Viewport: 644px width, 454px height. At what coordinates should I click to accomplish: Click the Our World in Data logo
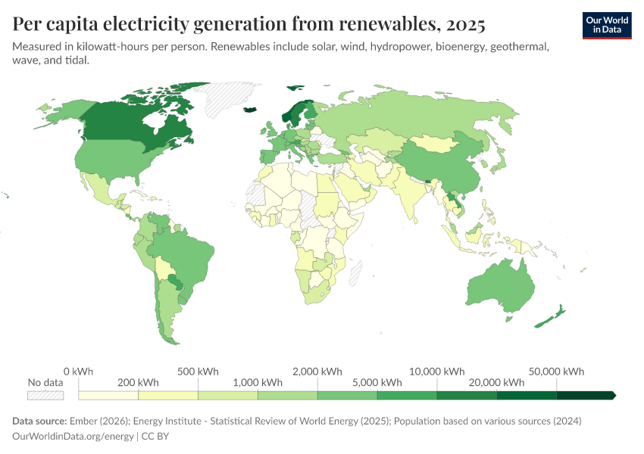pyautogui.click(x=606, y=25)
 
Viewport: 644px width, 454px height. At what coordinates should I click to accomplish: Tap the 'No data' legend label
pyautogui.click(x=45, y=382)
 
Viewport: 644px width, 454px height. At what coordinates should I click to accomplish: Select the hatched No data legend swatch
pyautogui.click(x=45, y=395)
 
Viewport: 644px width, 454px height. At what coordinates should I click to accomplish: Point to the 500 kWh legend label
pyautogui.click(x=198, y=372)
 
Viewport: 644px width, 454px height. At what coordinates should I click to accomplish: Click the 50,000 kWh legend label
pyautogui.click(x=557, y=372)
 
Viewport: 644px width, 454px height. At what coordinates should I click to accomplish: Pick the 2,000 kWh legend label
pyautogui.click(x=317, y=372)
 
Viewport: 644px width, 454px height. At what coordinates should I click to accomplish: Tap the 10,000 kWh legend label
pyautogui.click(x=437, y=372)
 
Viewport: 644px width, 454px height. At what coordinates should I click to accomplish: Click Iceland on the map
pyautogui.click(x=251, y=110)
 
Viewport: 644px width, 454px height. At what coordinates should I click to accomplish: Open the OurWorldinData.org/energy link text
pyautogui.click(x=72, y=437)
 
